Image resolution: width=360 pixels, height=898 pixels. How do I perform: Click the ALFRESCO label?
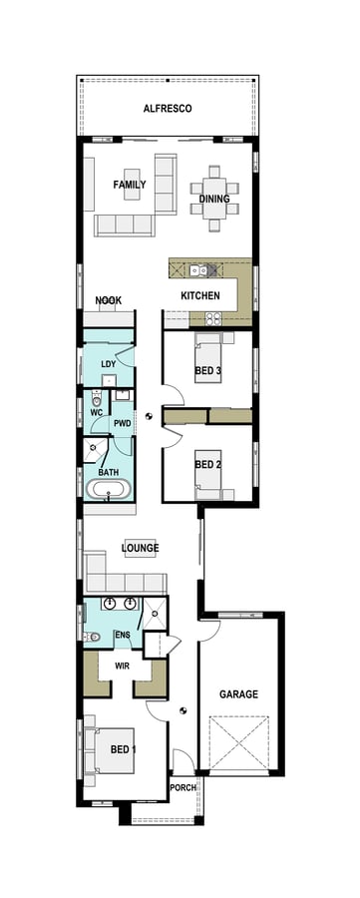point(167,108)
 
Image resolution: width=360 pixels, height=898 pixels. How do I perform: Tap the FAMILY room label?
point(130,185)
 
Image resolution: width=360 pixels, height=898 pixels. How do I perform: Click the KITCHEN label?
point(199,296)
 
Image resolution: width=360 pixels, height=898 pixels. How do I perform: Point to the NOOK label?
point(108,300)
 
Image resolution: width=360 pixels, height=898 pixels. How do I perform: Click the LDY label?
point(109,364)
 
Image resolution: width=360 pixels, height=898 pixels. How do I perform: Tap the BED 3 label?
point(207,372)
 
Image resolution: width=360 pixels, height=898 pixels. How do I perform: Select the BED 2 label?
point(206,464)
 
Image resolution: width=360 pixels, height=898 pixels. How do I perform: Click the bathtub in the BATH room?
point(108,491)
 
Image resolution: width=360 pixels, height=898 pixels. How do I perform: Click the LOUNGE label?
point(141,548)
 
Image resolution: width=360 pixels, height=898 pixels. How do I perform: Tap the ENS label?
point(123,635)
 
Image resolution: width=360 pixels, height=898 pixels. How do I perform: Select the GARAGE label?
point(239,694)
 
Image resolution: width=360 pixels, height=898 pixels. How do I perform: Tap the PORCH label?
point(183,787)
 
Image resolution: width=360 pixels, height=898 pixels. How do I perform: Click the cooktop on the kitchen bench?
point(212,318)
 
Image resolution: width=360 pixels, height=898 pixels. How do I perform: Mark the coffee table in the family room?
point(133,189)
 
